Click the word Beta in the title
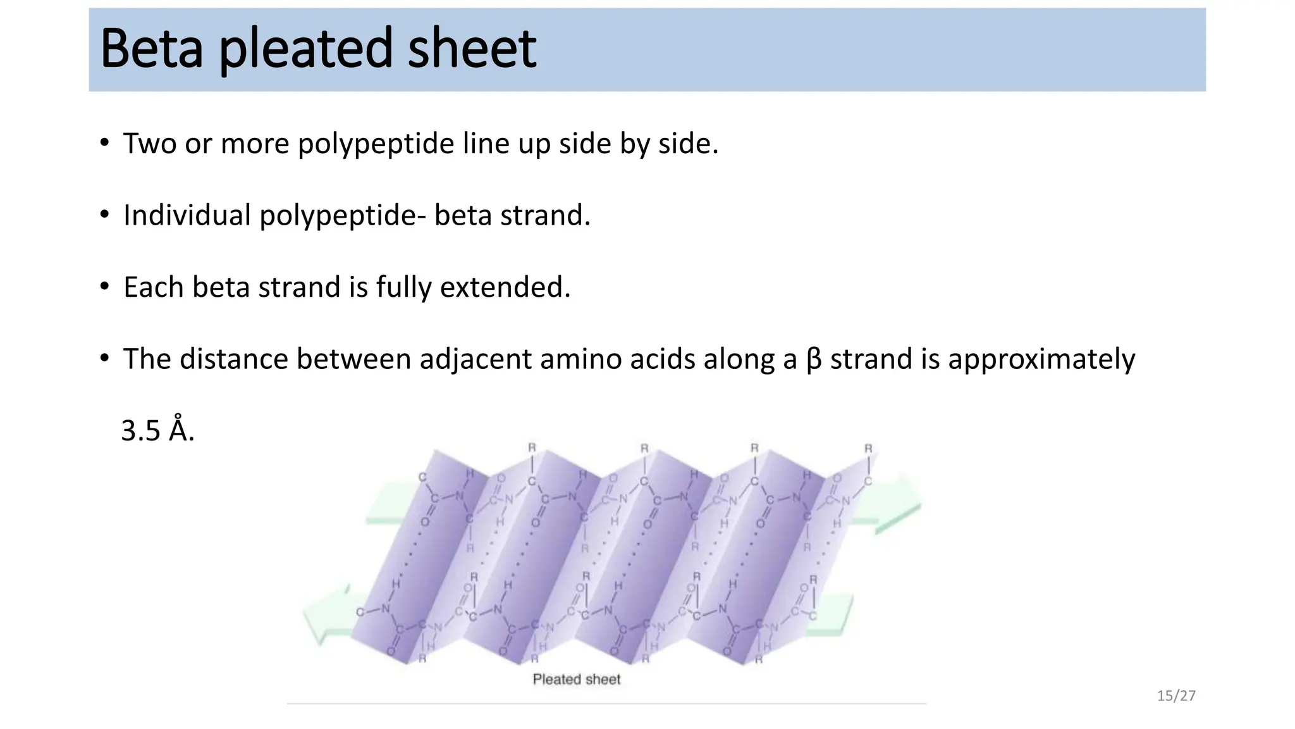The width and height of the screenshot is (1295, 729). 152,49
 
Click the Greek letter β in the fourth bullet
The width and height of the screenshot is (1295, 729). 814,359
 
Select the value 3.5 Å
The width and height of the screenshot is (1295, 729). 157,431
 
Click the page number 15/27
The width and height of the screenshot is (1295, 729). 1176,696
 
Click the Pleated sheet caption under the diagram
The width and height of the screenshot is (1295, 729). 576,680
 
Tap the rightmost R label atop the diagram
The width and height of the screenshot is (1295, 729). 868,449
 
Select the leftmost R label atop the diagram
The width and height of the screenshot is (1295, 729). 532,448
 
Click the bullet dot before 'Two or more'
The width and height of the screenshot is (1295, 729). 104,142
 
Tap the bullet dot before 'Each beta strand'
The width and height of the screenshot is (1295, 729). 104,286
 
